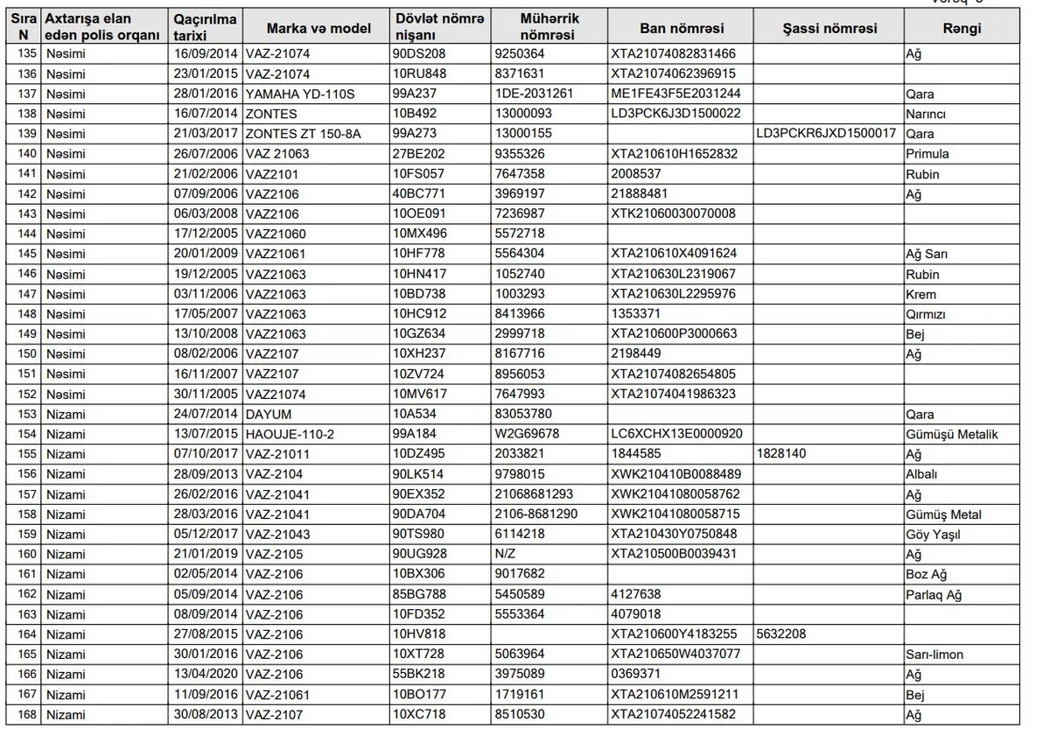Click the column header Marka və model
[318, 28]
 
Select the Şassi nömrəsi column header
[829, 28]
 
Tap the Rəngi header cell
[962, 28]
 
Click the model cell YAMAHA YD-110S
[300, 94]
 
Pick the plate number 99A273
[416, 134]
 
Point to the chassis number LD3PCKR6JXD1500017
[827, 134]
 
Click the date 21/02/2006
[206, 174]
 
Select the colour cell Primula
[927, 154]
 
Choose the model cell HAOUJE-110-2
[296, 435]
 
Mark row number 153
[27, 415]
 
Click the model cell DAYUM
[269, 415]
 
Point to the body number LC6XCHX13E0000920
[676, 435]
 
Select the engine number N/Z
[505, 555]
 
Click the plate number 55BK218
[419, 675]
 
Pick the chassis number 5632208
[781, 634]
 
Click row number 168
[27, 715]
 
